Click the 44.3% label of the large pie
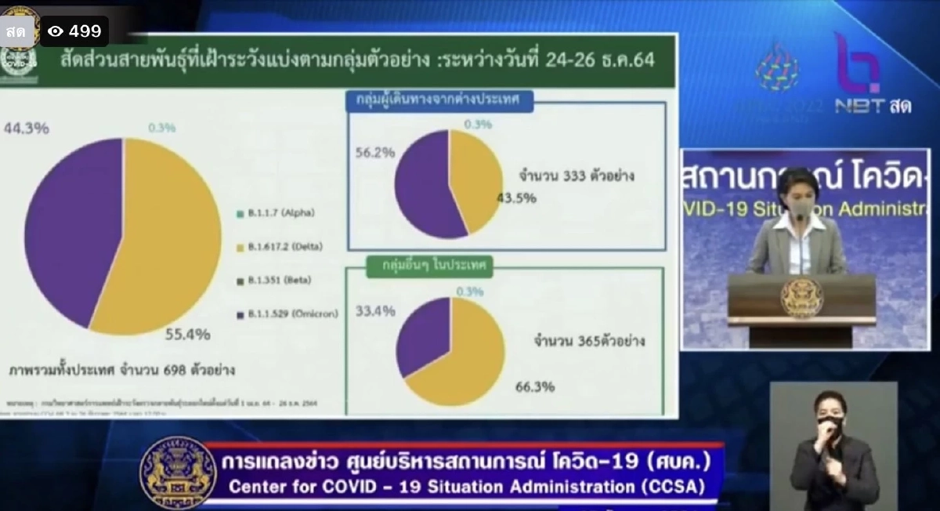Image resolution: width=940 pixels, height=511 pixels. click(x=27, y=128)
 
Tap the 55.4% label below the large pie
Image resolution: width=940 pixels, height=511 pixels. click(x=187, y=335)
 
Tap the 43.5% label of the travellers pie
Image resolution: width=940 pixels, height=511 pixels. click(x=516, y=198)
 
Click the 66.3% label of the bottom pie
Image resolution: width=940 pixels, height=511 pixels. click(x=535, y=386)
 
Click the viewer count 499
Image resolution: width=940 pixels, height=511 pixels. click(x=85, y=31)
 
